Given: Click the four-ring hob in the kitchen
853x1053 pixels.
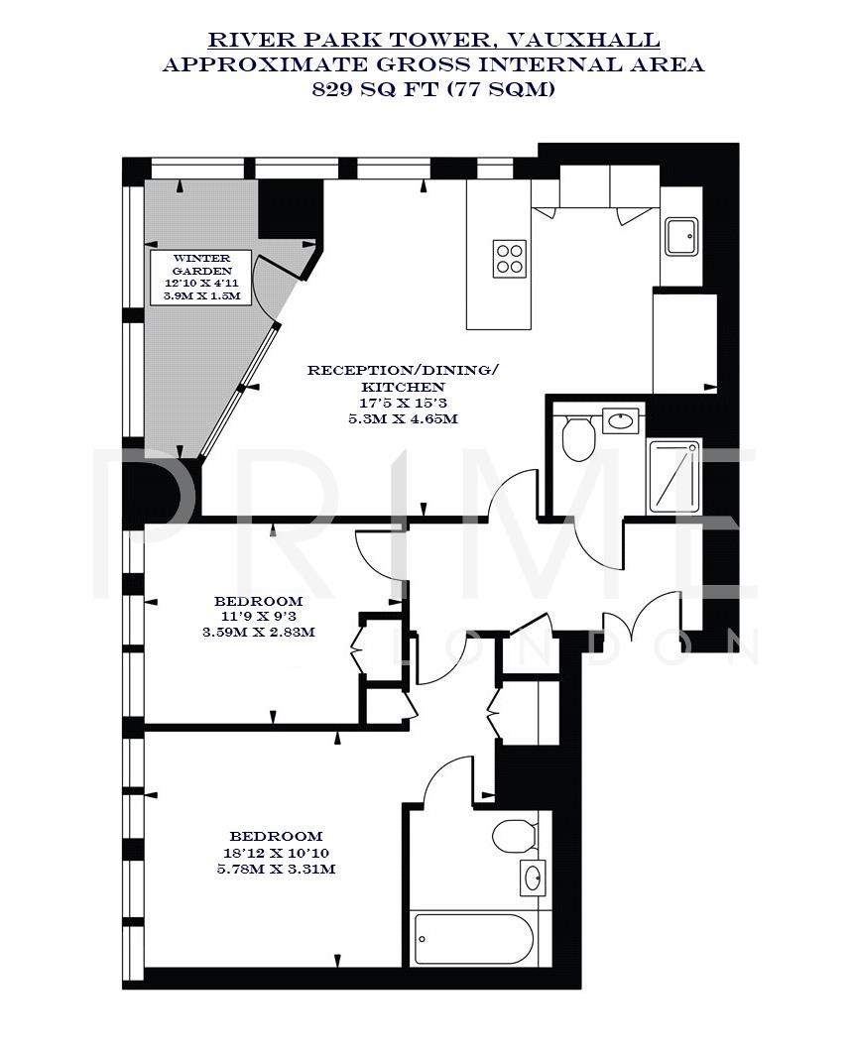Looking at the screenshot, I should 509,259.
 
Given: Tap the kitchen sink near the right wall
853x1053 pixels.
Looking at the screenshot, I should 682,236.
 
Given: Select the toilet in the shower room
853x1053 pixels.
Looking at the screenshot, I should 576,437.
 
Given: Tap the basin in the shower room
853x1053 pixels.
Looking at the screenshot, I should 621,419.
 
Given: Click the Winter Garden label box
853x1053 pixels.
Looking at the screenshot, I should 201,278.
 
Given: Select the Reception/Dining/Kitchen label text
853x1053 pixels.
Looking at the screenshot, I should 403,378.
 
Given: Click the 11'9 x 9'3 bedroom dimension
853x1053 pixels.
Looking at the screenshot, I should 258,617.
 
